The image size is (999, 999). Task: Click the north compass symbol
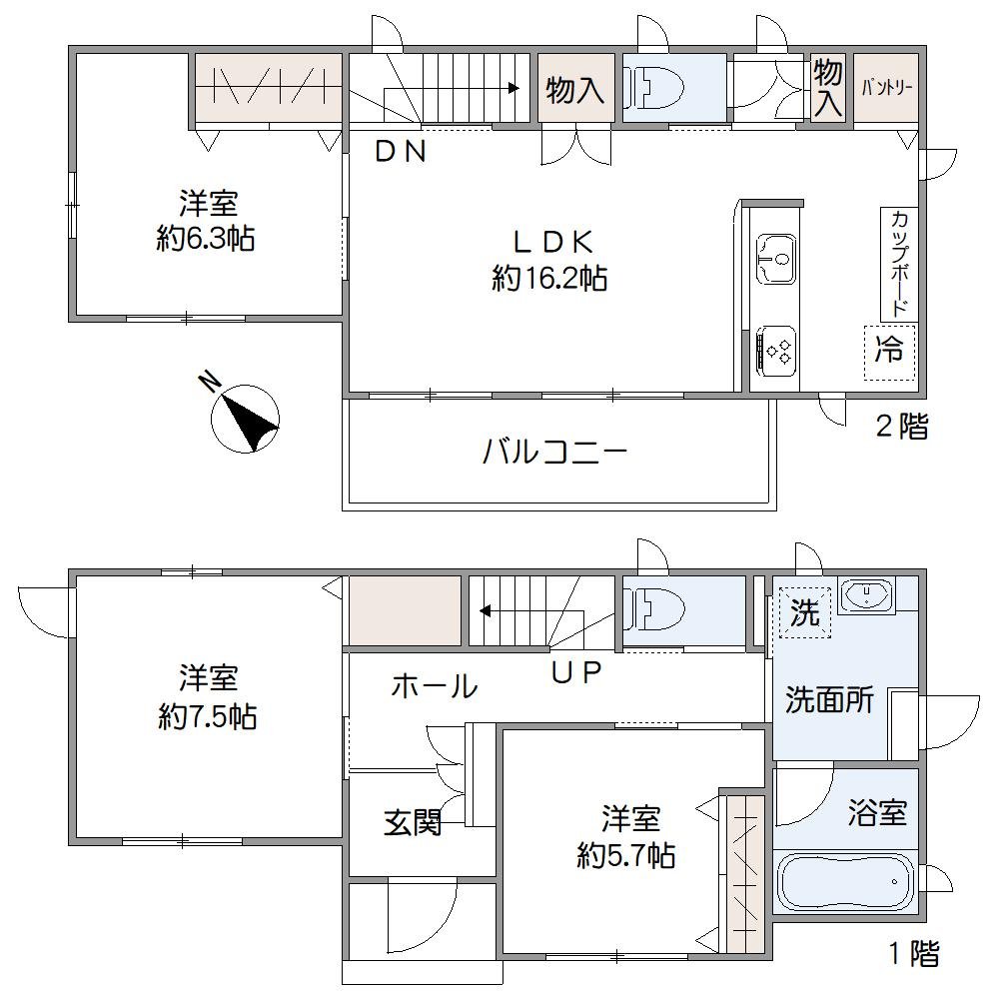[x=246, y=417]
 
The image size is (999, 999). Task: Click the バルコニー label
[x=554, y=453]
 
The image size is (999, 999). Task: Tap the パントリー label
[x=886, y=88]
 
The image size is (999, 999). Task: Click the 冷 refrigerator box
[x=889, y=351]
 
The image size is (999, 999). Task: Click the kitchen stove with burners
[x=776, y=351]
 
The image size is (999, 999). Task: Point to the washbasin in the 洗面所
[x=866, y=596]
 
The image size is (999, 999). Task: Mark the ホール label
[x=434, y=686]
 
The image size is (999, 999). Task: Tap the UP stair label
[x=577, y=672]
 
